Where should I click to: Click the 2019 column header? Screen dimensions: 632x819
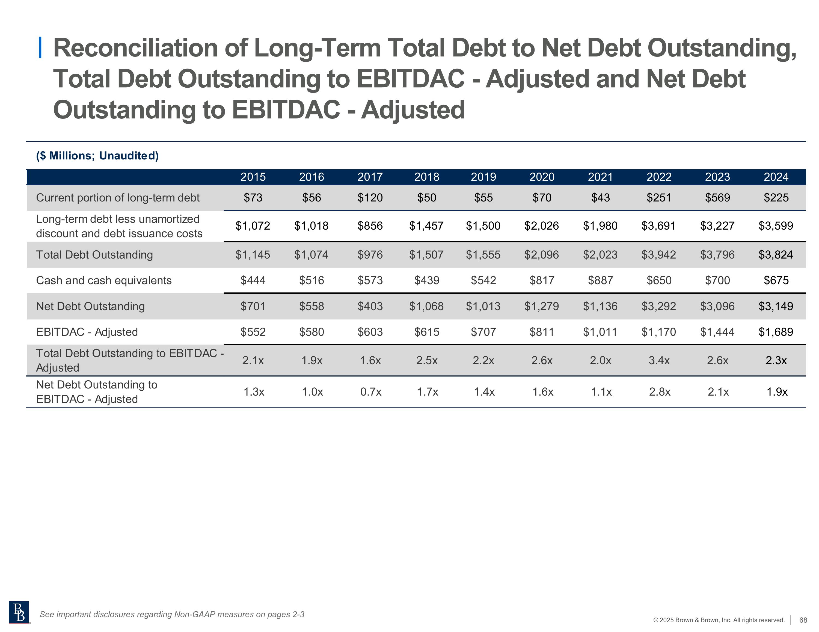(483, 177)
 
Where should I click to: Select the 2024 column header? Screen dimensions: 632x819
(776, 177)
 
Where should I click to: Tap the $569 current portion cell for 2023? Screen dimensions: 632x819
(717, 198)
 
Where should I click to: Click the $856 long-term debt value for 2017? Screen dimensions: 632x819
(370, 226)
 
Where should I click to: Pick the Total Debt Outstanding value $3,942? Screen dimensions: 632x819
(658, 255)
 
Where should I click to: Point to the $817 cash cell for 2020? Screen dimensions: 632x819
(542, 281)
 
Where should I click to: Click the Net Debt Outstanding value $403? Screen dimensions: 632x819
(370, 306)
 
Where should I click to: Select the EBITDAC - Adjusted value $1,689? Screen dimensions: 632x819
(776, 332)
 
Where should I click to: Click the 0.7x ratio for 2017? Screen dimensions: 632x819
(371, 392)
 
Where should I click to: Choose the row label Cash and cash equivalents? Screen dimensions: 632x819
(104, 281)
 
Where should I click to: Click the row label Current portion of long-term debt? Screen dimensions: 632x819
(118, 198)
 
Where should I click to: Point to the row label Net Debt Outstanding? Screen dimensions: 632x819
(90, 306)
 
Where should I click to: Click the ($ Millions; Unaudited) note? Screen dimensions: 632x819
(97, 156)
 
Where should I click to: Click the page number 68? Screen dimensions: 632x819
(803, 620)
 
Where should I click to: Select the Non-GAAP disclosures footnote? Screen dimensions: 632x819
(172, 614)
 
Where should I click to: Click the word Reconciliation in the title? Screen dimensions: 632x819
(135, 48)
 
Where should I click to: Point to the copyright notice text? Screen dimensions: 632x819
(719, 620)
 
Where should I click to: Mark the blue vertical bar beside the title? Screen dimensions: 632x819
(40, 48)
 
